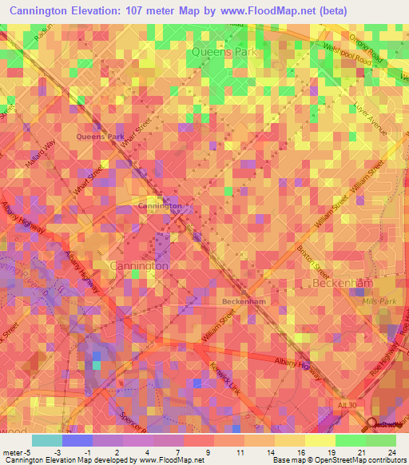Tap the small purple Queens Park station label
[x=100, y=137]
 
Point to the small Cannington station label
[x=160, y=205]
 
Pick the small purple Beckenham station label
[x=243, y=301]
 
